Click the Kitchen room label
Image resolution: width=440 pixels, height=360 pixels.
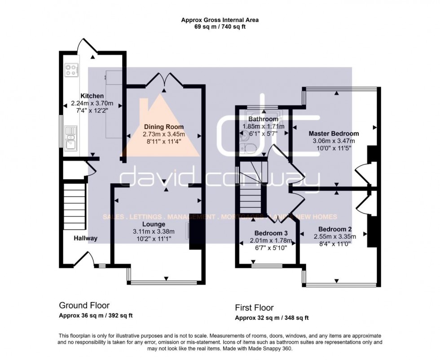coord(92,96)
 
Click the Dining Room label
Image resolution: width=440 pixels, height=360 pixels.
coord(164,127)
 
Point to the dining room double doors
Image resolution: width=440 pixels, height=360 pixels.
coord(164,79)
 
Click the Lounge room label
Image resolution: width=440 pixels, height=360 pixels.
coord(154,224)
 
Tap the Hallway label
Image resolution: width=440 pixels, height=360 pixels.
coord(86,238)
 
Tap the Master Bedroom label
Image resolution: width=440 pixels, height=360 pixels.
coord(334,133)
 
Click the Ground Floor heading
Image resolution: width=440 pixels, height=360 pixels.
coord(84,306)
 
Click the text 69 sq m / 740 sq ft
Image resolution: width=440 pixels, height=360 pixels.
coord(220,27)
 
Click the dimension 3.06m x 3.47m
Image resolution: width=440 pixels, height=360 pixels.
coord(334,141)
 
